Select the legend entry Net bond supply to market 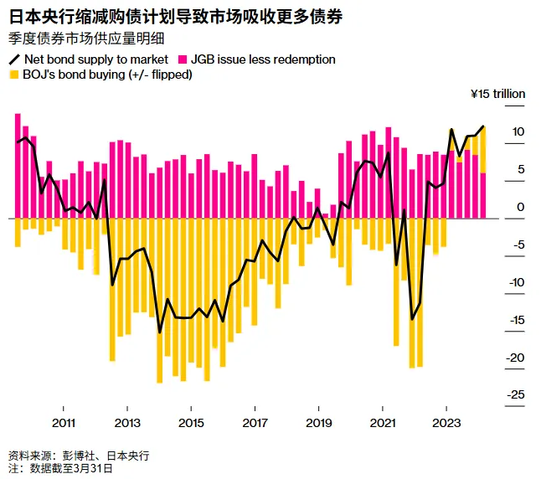pos(90,59)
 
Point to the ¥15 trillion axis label pos(497,94)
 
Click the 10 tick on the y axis pos(518,131)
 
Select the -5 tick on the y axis pos(518,245)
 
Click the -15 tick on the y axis pos(516,320)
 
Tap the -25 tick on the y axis pos(516,394)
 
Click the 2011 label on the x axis pos(63,422)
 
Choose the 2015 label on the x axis pos(191,422)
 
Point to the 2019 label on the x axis pos(319,422)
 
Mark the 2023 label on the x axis pos(446,422)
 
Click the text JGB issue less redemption pos(263,59)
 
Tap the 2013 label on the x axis pos(127,422)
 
